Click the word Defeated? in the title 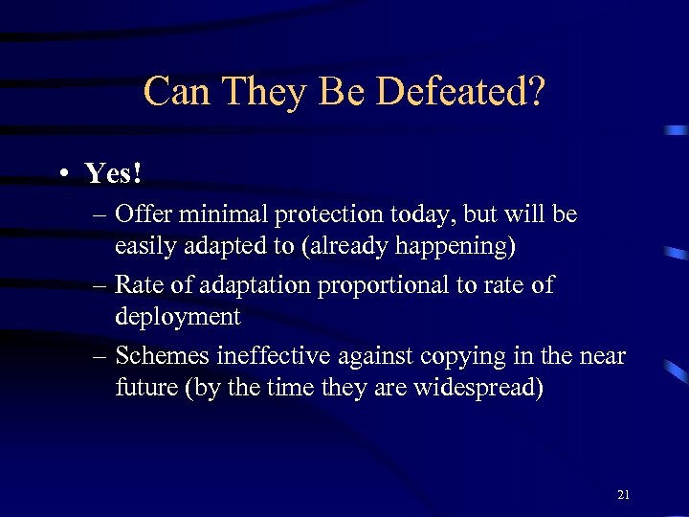[461, 92]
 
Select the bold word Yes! [113, 173]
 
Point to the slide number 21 [624, 495]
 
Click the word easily [144, 247]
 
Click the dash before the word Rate [100, 285]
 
